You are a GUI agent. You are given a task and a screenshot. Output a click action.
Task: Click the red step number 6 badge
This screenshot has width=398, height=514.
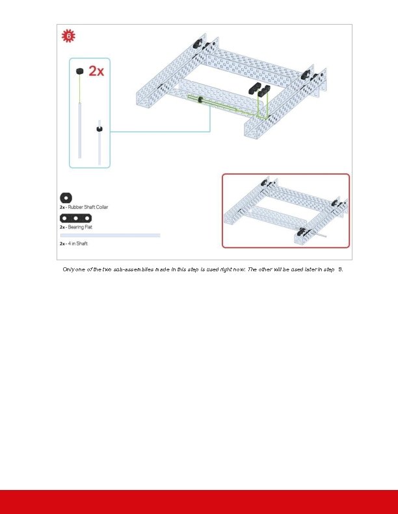(x=68, y=37)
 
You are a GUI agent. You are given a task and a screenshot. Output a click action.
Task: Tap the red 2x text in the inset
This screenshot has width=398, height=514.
(x=96, y=71)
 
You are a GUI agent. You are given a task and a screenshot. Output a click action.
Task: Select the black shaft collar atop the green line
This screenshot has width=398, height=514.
(x=78, y=71)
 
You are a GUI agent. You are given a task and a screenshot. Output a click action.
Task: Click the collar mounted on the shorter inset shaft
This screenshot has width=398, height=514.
(x=99, y=128)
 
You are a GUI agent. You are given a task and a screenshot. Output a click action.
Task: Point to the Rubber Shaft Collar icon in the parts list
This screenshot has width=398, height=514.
(x=65, y=197)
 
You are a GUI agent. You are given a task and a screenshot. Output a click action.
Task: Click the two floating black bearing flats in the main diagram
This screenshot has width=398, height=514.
(x=258, y=88)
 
